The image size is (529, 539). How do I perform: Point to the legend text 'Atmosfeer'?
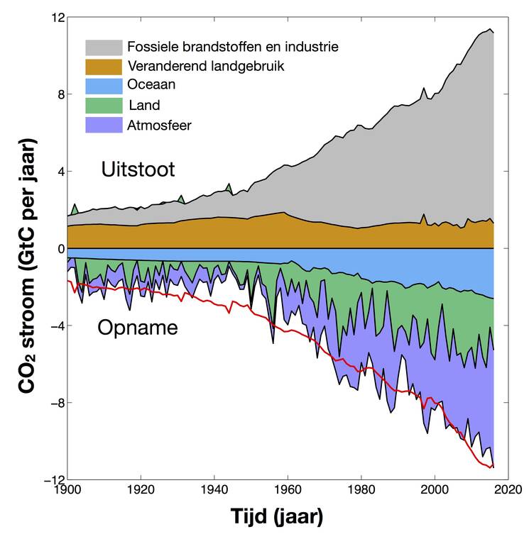pos(160,125)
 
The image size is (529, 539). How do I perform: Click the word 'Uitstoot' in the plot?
pos(138,170)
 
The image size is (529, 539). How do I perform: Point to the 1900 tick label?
pos(67,490)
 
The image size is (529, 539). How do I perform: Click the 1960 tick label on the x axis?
pos(287,490)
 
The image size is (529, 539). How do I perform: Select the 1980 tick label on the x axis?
pos(360,490)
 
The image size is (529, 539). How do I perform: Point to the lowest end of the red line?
pos(491,467)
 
